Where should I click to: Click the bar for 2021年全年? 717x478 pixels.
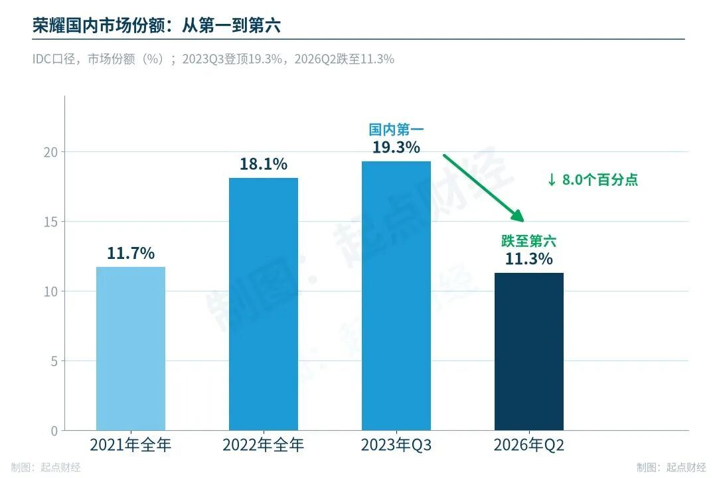point(131,349)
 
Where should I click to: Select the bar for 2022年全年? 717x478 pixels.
point(264,304)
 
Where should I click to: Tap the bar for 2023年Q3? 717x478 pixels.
point(396,296)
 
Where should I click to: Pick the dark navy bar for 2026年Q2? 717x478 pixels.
point(529,352)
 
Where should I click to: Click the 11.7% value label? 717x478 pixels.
point(131,253)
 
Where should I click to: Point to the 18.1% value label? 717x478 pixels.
point(264,164)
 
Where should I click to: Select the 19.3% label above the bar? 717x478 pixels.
point(396,147)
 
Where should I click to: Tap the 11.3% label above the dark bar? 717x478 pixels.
point(529,259)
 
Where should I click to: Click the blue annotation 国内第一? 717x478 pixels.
point(396,129)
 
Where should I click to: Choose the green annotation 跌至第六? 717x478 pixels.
point(529,241)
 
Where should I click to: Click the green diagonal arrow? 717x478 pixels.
point(483,188)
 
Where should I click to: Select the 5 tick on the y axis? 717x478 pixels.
point(54,362)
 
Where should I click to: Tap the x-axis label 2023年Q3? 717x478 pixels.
point(396,445)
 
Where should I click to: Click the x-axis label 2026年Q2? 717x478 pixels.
point(529,445)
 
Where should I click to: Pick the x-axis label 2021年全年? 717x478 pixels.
point(131,445)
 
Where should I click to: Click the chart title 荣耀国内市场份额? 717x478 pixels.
point(99,26)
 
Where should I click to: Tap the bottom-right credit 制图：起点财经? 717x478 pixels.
point(671,467)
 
